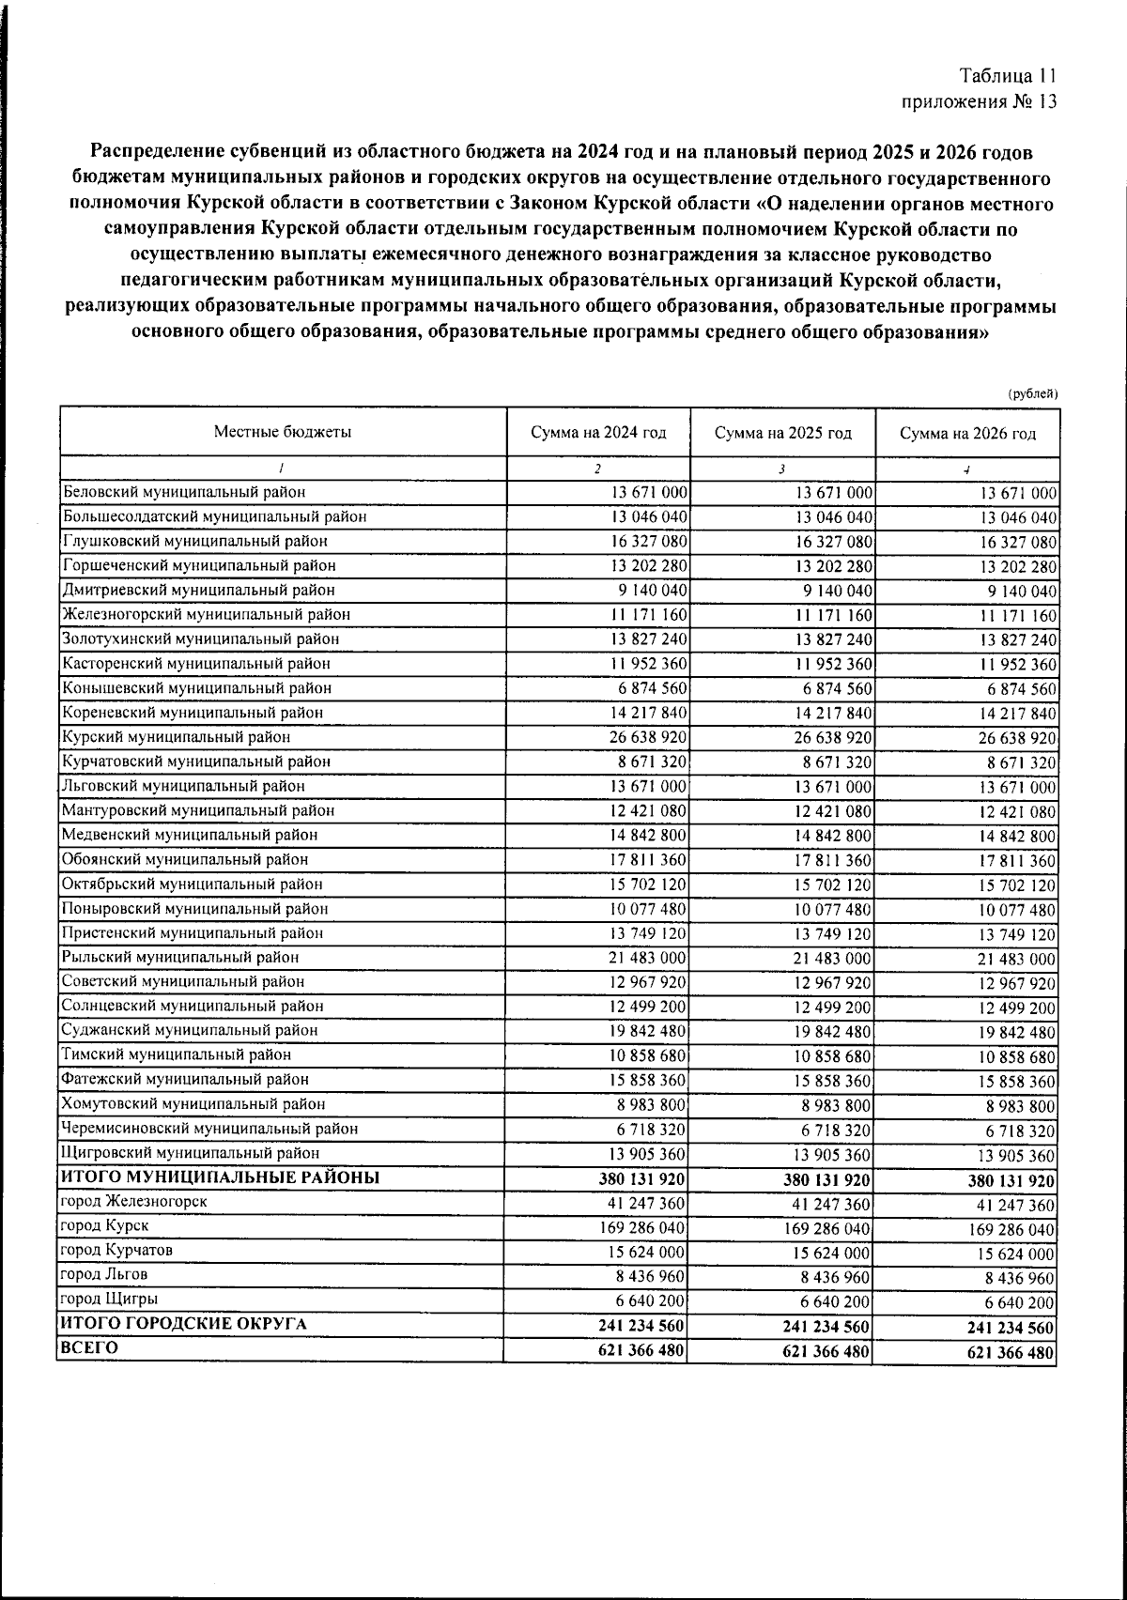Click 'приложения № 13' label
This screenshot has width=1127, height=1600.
[x=980, y=101]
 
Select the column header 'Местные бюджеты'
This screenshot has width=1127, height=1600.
[x=283, y=432]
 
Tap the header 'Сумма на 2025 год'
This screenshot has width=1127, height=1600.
[x=782, y=433]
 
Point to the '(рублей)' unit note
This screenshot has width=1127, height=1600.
[x=1033, y=394]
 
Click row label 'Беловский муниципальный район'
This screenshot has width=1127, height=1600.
[x=184, y=491]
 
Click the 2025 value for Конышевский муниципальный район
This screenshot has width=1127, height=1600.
[x=834, y=688]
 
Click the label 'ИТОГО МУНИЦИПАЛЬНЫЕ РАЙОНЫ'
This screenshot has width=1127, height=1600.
[x=220, y=1177]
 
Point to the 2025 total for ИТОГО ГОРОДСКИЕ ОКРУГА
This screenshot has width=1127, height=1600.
[x=826, y=1328]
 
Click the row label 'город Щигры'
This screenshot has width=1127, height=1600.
[x=108, y=1299]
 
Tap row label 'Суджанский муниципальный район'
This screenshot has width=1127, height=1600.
[x=189, y=1030]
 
